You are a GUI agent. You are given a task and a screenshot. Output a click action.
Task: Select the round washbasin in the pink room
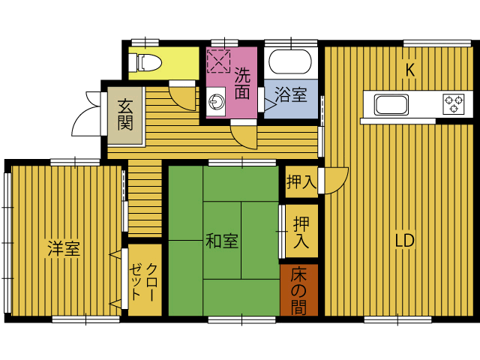click(218, 101)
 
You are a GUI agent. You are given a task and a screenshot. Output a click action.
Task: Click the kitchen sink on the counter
click(390, 103)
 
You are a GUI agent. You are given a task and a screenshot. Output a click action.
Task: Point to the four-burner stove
click(453, 103)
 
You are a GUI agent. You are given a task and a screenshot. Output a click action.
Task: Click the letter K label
click(409, 70)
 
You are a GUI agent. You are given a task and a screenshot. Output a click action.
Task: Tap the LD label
click(404, 241)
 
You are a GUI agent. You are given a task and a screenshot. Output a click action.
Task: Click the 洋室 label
click(64, 248)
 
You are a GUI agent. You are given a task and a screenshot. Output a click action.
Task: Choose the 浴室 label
click(290, 95)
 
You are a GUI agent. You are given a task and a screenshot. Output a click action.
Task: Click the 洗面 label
click(241, 84)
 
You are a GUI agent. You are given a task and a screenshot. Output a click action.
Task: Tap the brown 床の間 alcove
click(298, 289)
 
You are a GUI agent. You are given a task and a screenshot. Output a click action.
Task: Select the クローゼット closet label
click(144, 280)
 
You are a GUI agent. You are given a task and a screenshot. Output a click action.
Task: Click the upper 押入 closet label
click(301, 182)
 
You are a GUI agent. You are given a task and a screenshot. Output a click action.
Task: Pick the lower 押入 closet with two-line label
click(301, 232)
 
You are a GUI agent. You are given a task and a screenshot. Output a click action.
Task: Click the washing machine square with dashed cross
click(218, 61)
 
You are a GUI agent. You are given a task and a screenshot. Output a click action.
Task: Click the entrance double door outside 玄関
click(88, 114)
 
